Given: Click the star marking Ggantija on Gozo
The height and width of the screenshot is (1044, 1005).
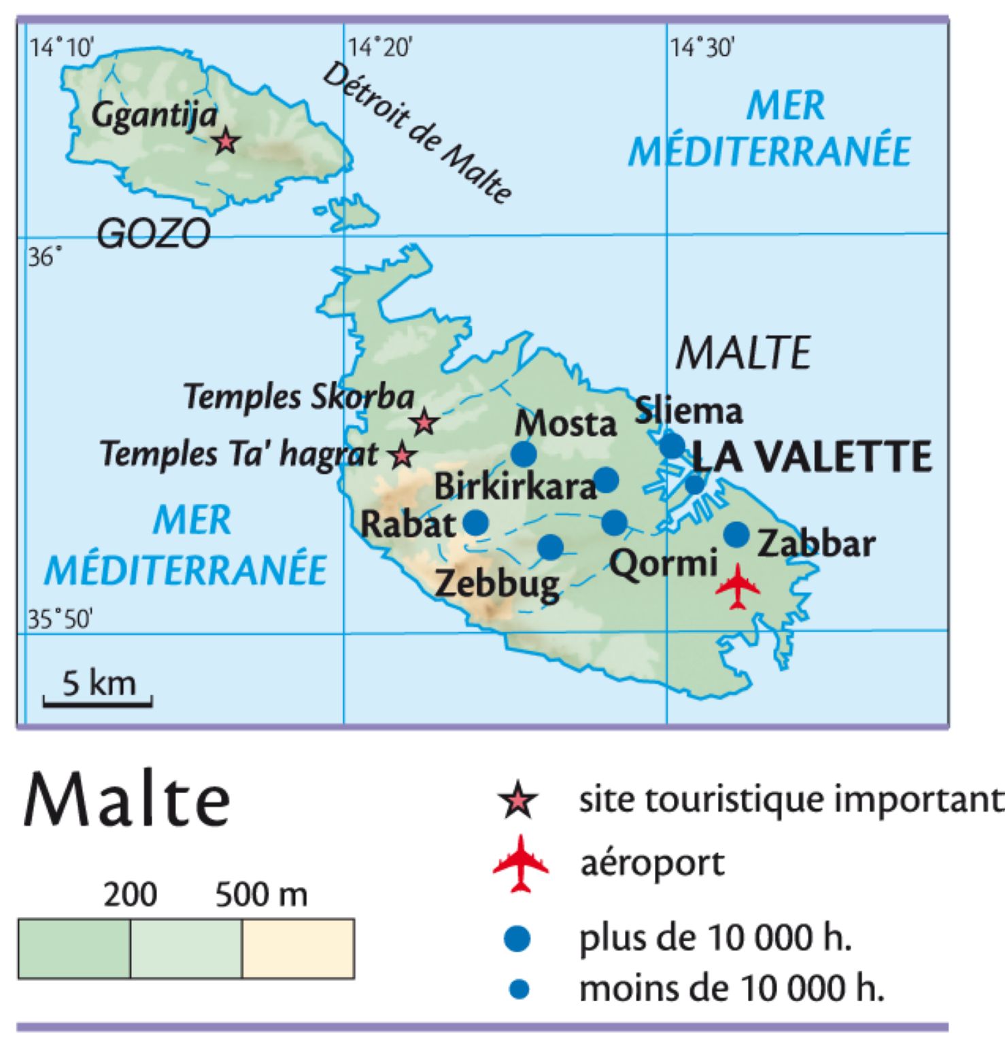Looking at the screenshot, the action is tap(225, 142).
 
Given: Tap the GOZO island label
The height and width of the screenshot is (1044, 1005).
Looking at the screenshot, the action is tap(154, 234).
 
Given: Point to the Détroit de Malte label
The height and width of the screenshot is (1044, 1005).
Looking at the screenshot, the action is tap(416, 134).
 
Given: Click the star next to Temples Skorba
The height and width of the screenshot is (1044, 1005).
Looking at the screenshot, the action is tap(424, 422).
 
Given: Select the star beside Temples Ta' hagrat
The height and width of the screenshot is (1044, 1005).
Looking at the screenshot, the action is tap(402, 455).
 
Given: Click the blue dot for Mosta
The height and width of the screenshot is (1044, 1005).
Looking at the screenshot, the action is tap(524, 453).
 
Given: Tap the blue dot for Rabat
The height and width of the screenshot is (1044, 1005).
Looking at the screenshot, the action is tap(476, 523).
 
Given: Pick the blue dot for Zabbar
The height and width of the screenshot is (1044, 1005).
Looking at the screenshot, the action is tap(736, 534).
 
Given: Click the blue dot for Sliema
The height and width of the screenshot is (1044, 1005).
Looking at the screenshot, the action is tap(672, 445).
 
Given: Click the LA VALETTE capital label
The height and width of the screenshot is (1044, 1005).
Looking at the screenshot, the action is tap(812, 457).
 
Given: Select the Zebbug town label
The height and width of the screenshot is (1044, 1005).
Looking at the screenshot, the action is tap(497, 583).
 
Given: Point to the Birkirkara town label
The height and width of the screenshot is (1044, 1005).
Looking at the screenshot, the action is tap(515, 487).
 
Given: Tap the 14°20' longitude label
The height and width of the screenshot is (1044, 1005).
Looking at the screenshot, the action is tap(380, 48).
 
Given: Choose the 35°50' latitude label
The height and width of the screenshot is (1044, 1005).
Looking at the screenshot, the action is tap(60, 620).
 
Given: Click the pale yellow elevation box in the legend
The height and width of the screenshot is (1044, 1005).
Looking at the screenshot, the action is tap(298, 948).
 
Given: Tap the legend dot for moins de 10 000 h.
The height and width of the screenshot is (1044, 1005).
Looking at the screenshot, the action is tap(519, 989).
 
